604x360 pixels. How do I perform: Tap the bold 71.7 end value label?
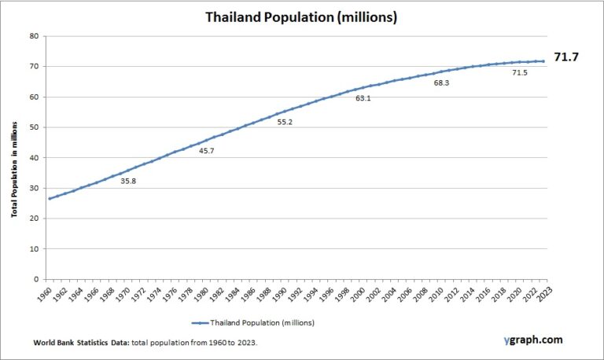tap(566, 57)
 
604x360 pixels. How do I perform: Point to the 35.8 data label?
tap(129, 181)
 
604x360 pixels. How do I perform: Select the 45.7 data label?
tap(207, 151)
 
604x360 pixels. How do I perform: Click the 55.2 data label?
tap(285, 122)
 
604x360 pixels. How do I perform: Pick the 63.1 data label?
tap(363, 98)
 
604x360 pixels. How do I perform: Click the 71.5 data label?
tap(520, 72)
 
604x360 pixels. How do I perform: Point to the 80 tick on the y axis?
tap(34, 36)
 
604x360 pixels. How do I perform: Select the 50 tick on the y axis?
tap(34, 127)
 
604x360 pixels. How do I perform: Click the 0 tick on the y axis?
tap(36, 279)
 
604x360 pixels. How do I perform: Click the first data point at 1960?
tap(50, 198)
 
